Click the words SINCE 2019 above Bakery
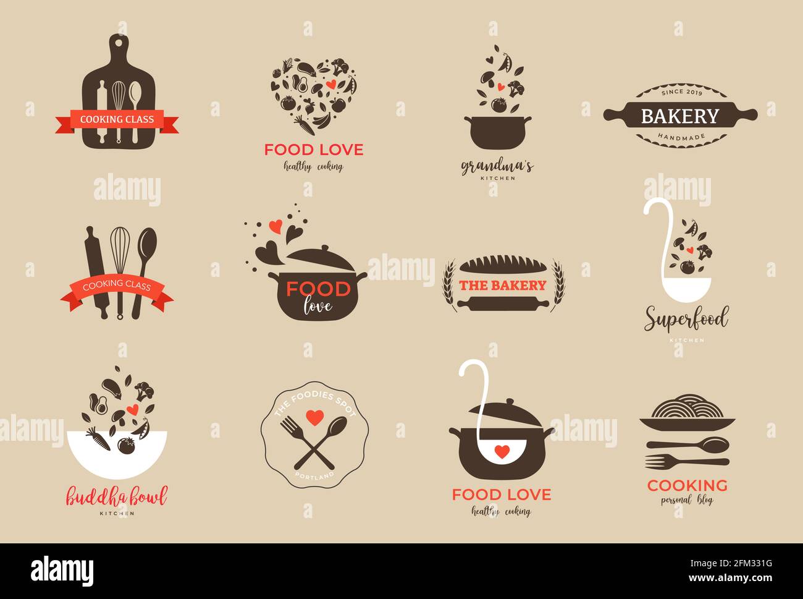[681, 92]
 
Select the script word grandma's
[497, 166]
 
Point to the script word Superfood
[686, 320]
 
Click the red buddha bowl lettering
[117, 496]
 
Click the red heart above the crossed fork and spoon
[314, 417]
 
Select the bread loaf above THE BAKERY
[503, 265]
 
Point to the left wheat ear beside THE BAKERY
[448, 284]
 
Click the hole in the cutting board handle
[117, 43]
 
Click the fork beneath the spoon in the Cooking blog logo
[686, 461]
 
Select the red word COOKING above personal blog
[687, 485]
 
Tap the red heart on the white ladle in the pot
[503, 451]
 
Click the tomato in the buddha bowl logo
[127, 446]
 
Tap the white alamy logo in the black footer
[62, 570]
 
